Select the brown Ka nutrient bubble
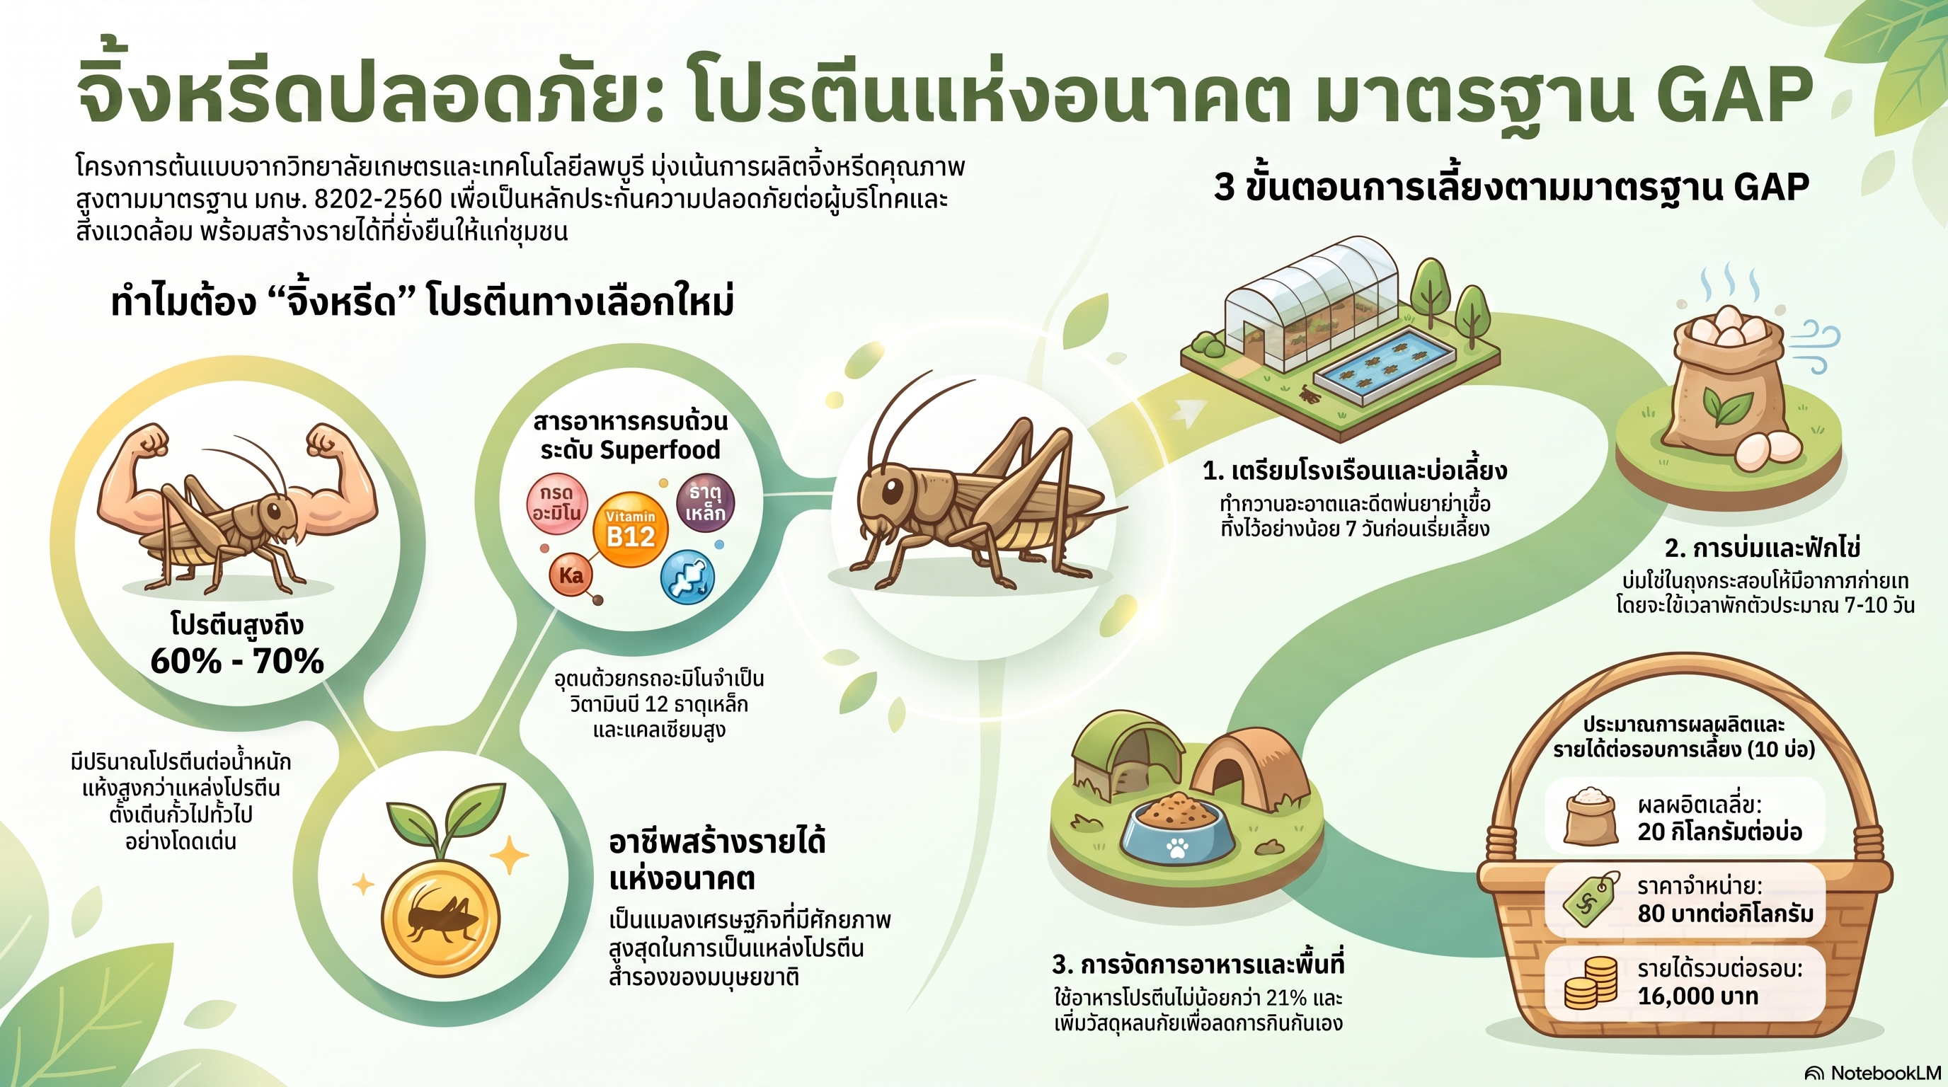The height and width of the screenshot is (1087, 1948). [571, 576]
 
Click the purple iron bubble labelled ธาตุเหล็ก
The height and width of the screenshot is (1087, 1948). [704, 503]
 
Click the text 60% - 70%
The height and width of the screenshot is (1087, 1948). [236, 662]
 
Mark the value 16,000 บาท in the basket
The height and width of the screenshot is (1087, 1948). [1697, 996]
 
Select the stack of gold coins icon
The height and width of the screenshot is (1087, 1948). [1591, 983]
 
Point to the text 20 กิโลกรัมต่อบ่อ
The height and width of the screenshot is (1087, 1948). [1719, 832]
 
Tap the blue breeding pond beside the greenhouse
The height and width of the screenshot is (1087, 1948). [1385, 365]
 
